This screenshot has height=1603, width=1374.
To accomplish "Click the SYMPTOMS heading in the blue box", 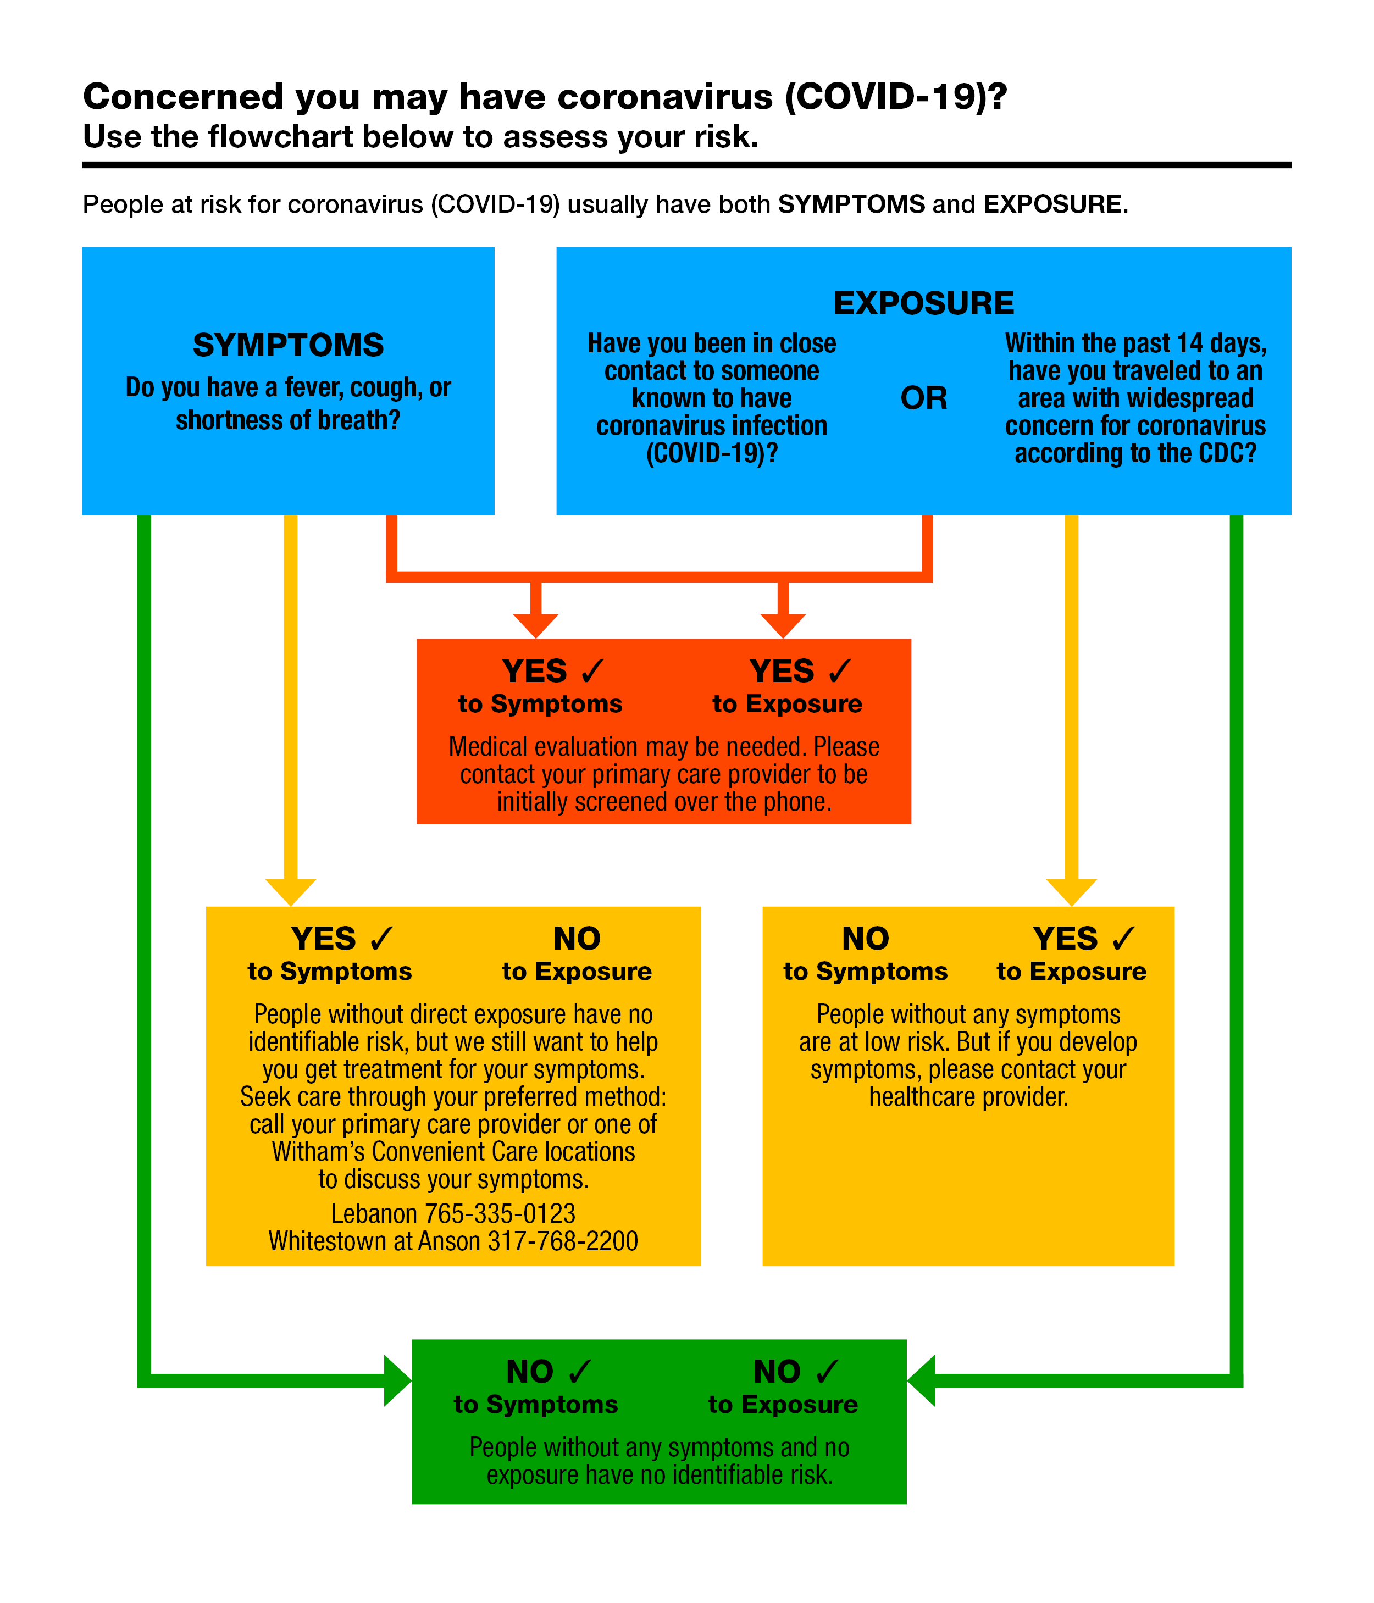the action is [x=288, y=345].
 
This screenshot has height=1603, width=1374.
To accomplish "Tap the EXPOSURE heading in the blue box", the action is [x=924, y=303].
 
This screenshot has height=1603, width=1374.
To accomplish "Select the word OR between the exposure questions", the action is [x=924, y=398].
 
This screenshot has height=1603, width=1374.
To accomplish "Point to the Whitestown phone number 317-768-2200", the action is [x=562, y=1241].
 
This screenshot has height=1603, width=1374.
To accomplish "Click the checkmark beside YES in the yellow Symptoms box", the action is [x=381, y=939].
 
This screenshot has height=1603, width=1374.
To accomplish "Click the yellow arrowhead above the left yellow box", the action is [x=291, y=892].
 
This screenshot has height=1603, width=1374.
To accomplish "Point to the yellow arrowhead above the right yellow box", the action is [x=1072, y=892].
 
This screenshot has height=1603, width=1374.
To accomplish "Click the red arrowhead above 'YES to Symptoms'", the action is [x=535, y=626].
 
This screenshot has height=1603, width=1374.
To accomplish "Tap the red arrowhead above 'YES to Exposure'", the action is [x=783, y=626].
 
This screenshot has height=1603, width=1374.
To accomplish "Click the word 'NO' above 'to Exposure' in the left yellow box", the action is [x=577, y=939].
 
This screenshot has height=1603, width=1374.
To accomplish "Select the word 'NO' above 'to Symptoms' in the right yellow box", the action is [x=866, y=939].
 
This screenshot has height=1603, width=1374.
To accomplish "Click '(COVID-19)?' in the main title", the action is [x=896, y=97].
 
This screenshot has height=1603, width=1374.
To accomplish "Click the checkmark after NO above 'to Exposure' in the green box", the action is [x=827, y=1372].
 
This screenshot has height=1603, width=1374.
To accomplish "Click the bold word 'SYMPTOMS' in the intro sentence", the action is [x=851, y=204].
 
